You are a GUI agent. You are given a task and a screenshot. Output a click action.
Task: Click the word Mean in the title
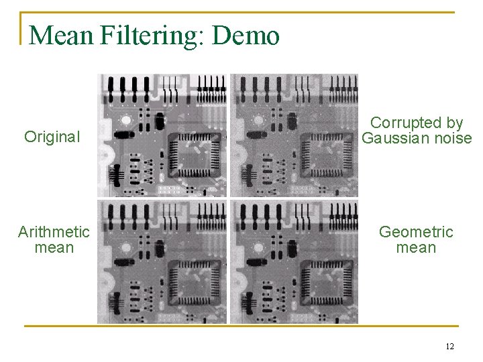(60, 35)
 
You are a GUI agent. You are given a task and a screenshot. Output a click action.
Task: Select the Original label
(52, 137)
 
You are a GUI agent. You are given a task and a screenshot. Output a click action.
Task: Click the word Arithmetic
(54, 232)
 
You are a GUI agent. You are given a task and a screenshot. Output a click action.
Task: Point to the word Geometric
(416, 232)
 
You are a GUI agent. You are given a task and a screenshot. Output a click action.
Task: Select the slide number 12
(449, 347)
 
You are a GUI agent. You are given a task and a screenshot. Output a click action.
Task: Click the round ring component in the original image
(125, 121)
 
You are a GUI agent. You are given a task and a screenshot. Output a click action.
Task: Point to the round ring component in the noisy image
(256, 121)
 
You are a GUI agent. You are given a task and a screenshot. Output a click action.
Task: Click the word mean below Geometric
(416, 248)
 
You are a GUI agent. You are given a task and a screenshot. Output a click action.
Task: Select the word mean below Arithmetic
(54, 248)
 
